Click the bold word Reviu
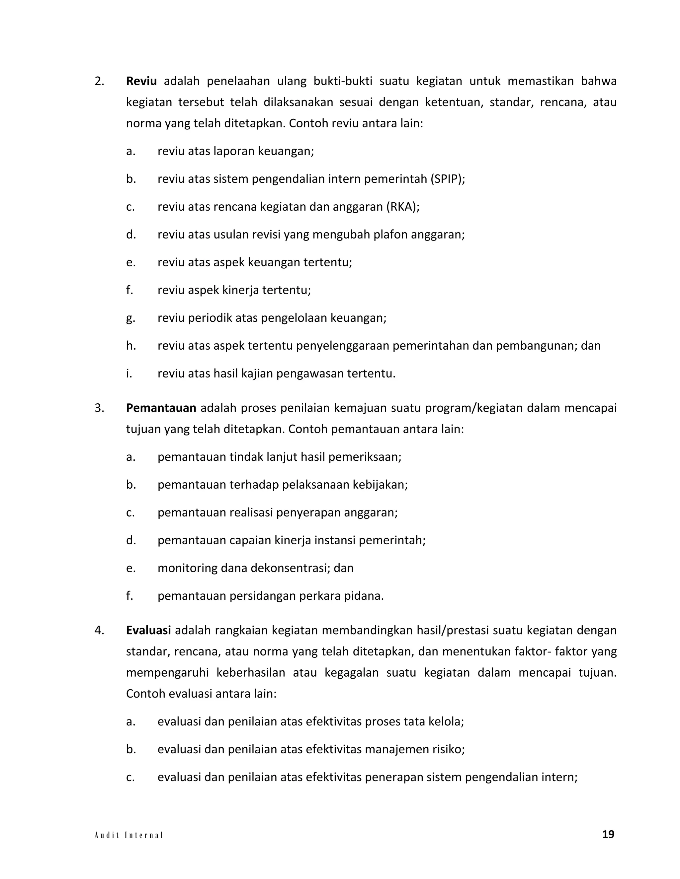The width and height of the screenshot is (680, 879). point(141,81)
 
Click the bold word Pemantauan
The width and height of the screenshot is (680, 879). point(161,408)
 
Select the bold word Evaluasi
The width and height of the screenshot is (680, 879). point(148,630)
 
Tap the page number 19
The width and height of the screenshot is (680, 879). point(608,834)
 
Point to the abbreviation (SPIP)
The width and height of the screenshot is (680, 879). point(447,179)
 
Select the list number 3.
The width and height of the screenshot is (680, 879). point(99,408)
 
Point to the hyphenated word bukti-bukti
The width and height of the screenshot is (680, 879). point(343,81)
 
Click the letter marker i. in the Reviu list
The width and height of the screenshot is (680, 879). point(129,373)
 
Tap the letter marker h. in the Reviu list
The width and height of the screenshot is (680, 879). point(130,346)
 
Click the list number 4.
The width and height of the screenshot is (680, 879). point(99,630)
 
